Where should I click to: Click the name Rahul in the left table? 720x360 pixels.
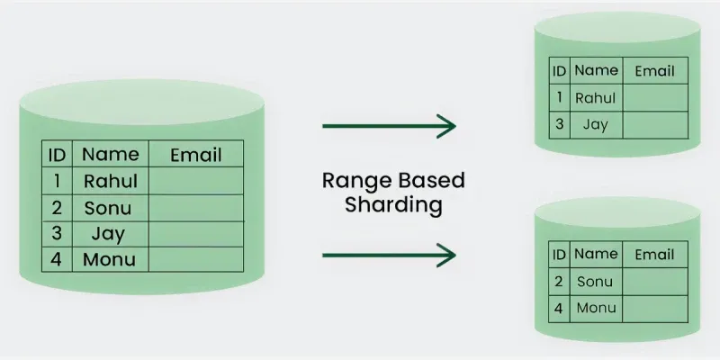click(110, 180)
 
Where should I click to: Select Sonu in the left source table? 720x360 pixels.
click(107, 208)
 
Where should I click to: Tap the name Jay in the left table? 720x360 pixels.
click(107, 234)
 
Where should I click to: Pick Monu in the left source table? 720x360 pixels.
click(109, 260)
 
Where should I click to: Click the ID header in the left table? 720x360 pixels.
click(56, 154)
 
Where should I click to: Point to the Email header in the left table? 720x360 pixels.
click(195, 154)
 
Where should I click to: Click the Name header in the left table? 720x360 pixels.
click(110, 154)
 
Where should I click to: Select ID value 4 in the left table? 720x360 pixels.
click(56, 260)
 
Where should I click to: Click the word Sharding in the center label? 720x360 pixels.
click(393, 204)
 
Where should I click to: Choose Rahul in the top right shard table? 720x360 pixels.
click(595, 98)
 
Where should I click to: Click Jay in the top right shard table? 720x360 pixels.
click(595, 124)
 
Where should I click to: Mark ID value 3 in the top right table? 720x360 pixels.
click(559, 124)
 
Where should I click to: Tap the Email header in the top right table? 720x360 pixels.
click(654, 70)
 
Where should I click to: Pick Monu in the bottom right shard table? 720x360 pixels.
click(595, 308)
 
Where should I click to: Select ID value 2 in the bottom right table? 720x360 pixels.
click(559, 282)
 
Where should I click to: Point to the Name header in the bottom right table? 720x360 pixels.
click(595, 255)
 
